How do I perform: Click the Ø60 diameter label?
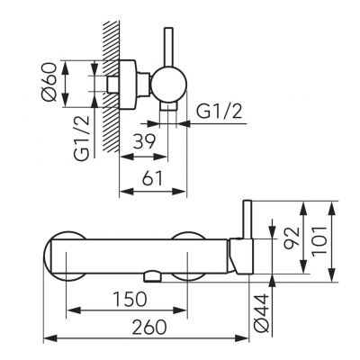pyautogui.click(x=49, y=82)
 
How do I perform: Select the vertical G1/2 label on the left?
pyautogui.click(x=82, y=138)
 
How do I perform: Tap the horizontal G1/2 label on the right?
pyautogui.click(x=220, y=112)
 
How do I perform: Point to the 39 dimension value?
pyautogui.click(x=144, y=141)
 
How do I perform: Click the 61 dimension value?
pyautogui.click(x=152, y=178)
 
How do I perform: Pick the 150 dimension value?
pyautogui.click(x=130, y=299)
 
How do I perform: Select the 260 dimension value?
pyautogui.click(x=149, y=327)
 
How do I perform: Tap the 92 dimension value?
pyautogui.click(x=292, y=238)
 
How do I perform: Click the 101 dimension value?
pyautogui.click(x=319, y=241)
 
